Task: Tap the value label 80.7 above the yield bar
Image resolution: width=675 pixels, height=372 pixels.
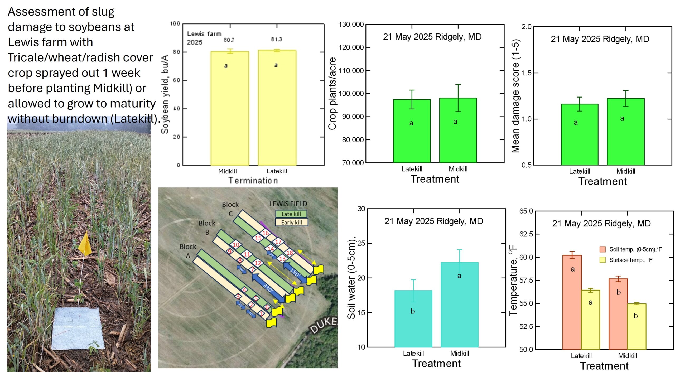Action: tap(229, 40)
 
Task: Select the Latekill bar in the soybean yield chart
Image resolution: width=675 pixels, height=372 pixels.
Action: tap(277, 108)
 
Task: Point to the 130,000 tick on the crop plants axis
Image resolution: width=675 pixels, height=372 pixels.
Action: tap(351, 25)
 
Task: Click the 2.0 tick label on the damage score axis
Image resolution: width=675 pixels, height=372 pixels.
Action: tap(526, 27)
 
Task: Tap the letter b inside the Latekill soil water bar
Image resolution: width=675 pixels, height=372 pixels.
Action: tap(413, 311)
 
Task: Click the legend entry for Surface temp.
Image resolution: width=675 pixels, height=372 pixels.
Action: tap(630, 260)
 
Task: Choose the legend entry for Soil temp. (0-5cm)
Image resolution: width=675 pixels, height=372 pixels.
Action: tap(635, 249)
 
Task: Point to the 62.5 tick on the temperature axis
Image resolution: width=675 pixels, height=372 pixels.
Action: tap(526, 234)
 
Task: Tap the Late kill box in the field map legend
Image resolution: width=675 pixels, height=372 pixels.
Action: tap(291, 214)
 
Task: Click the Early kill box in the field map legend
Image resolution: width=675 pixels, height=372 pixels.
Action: tap(291, 222)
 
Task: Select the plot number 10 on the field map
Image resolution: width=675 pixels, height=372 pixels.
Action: tap(236, 245)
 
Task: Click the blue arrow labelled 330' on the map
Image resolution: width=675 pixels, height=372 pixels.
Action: tap(268, 287)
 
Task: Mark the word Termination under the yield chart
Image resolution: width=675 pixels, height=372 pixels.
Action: tap(253, 181)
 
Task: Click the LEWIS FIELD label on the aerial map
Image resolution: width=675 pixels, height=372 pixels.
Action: tap(288, 204)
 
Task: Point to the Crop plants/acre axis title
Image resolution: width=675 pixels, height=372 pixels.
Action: tap(332, 94)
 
